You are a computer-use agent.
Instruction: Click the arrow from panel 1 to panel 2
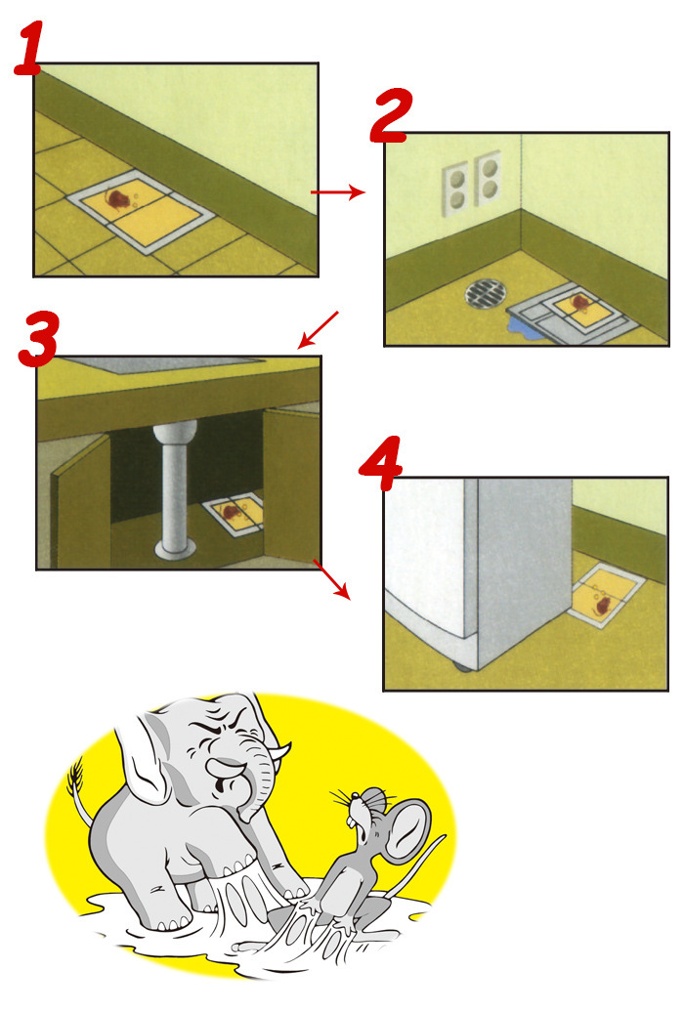pyautogui.click(x=337, y=193)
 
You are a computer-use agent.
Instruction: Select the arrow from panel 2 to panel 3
pyautogui.click(x=319, y=329)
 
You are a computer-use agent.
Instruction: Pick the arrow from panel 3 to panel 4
pyautogui.click(x=330, y=579)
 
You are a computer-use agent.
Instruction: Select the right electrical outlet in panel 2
pyautogui.click(x=487, y=178)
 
